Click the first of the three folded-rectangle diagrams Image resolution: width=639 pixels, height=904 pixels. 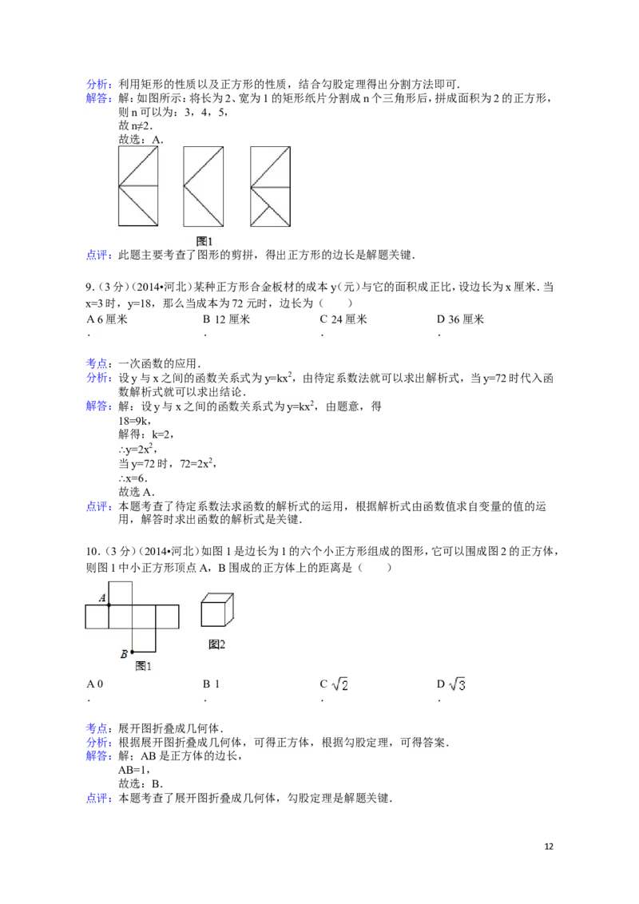(x=137, y=185)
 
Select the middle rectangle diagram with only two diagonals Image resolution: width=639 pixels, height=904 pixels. (x=203, y=185)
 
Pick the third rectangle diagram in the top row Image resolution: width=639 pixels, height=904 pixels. (x=270, y=185)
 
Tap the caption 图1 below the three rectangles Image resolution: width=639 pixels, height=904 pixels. (x=204, y=240)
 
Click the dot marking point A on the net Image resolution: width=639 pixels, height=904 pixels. (x=109, y=605)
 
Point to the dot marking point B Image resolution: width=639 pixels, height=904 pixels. (x=132, y=652)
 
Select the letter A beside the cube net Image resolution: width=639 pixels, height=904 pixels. (x=102, y=597)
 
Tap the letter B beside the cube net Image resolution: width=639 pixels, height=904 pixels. (x=124, y=655)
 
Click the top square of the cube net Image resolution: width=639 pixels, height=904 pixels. (x=120, y=593)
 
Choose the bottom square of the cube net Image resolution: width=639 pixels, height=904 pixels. (x=144, y=640)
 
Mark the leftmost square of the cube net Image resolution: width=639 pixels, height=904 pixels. (x=97, y=617)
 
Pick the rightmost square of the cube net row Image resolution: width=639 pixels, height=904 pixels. (x=167, y=617)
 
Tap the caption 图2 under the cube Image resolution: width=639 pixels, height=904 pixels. (x=216, y=644)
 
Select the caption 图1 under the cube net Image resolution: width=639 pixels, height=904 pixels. (x=144, y=665)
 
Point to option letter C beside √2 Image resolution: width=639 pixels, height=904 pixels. (x=324, y=685)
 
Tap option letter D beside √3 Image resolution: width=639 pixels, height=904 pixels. (x=440, y=685)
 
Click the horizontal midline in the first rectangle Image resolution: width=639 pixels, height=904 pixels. (x=137, y=186)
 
